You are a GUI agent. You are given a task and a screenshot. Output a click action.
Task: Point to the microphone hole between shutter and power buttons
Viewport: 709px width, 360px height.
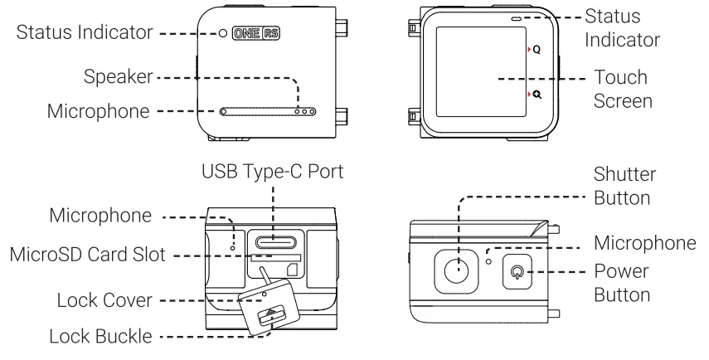point(490,261)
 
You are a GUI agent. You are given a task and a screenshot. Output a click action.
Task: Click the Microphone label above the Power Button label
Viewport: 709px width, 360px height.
point(643,242)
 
